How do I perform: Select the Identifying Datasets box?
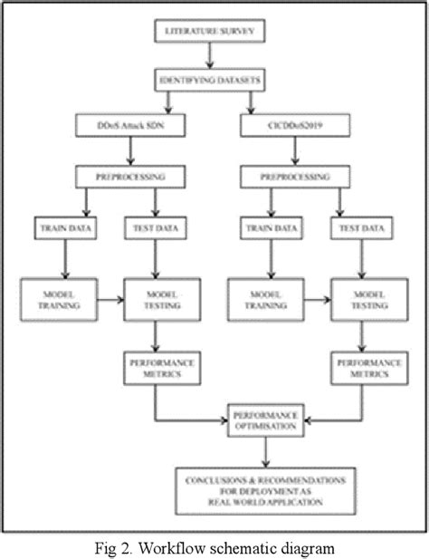pos(211,82)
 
